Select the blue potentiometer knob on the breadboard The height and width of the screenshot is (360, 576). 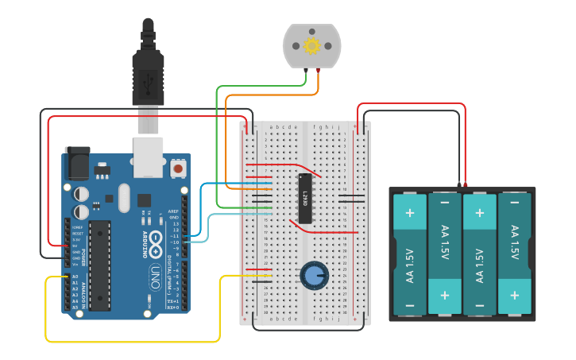point(315,276)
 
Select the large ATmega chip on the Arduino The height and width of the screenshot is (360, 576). point(99,265)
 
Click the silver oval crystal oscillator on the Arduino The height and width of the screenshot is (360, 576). point(122,198)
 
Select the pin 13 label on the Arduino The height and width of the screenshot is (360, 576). point(175,218)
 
